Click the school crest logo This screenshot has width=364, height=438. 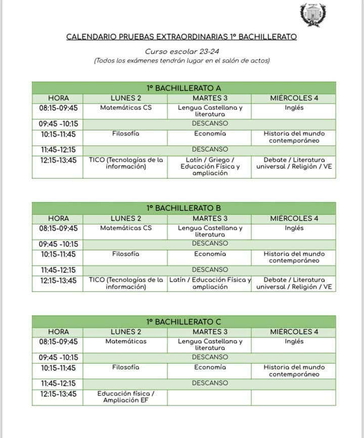point(313,15)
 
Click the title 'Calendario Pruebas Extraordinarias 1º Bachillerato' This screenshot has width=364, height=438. point(181,37)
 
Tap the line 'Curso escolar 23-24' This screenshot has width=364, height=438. point(181,52)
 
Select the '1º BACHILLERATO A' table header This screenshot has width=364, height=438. point(184,88)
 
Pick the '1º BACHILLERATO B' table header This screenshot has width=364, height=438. point(184,208)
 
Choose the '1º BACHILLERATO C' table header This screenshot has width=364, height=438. point(184,322)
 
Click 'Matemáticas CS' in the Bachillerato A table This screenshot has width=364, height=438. point(126,108)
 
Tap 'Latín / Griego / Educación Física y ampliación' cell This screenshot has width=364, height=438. point(210,167)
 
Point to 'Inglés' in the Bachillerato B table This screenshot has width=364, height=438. point(294,228)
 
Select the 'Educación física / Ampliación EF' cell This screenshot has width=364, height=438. point(126,397)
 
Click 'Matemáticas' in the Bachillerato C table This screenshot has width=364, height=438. point(126,342)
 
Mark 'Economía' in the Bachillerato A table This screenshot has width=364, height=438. point(210,134)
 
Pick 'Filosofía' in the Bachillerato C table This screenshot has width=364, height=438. point(126,367)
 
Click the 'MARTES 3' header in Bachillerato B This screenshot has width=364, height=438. point(210,219)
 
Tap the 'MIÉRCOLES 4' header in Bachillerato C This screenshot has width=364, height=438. point(294,332)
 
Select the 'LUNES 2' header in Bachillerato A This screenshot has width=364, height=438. point(126,98)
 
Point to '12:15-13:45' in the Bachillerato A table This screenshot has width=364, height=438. point(58,160)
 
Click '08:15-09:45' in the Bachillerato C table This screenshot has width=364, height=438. point(58,342)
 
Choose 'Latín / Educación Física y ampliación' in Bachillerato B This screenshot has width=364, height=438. point(210,283)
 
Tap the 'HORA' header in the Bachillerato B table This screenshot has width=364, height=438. point(58,219)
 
